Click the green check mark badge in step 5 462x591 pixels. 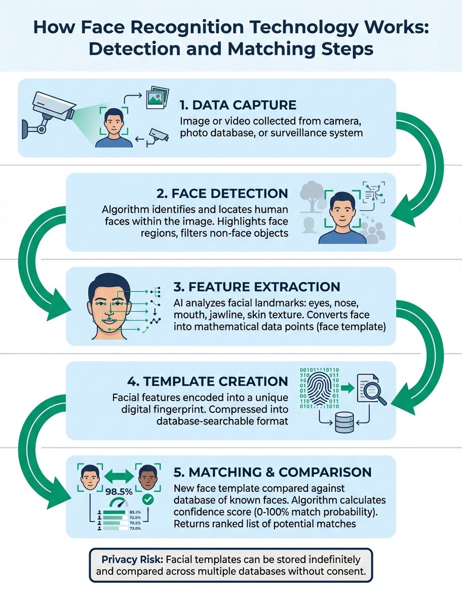(148, 499)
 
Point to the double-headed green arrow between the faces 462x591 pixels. (119, 476)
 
